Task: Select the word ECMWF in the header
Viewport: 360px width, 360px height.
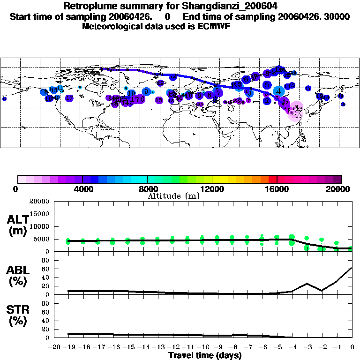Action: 210,26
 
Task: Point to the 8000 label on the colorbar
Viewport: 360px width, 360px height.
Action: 147,189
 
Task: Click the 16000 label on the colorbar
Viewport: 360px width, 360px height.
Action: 277,189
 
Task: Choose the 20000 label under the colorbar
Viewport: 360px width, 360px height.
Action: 341,189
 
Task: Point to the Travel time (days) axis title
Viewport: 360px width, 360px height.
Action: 205,356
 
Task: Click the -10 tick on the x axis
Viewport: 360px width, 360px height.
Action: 202,348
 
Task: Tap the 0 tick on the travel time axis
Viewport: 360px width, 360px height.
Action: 352,348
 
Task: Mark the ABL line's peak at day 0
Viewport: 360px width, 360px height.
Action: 352,268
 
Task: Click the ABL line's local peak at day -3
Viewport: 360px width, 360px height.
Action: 307,283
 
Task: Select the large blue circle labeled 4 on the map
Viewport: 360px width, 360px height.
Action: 278,91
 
